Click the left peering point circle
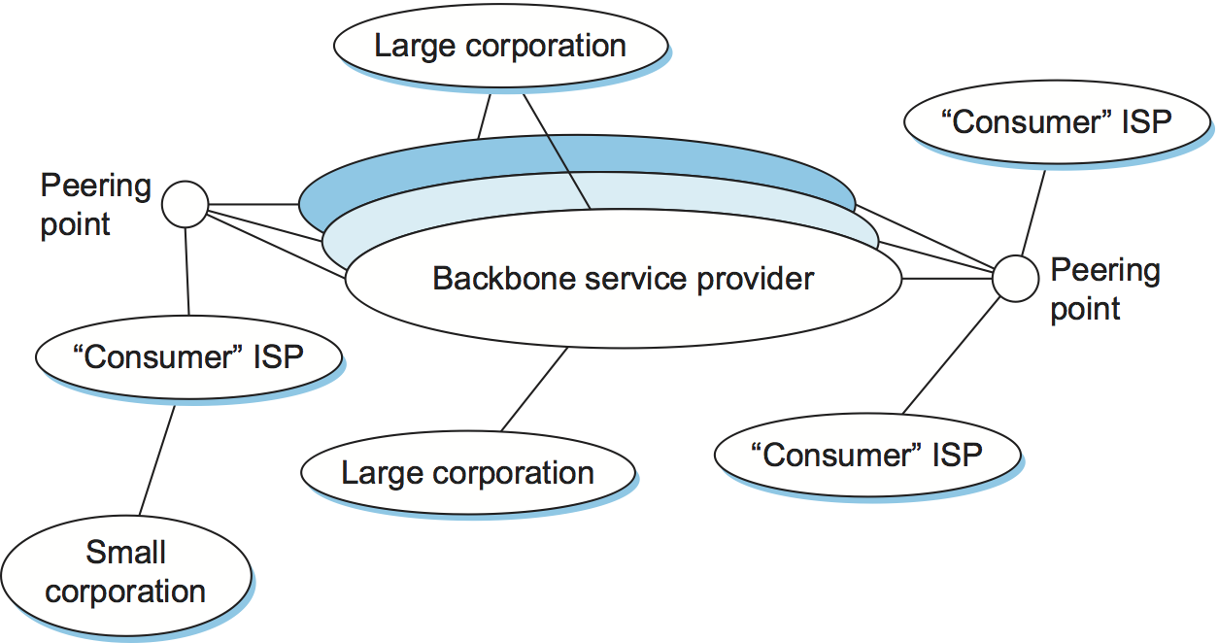pos(185,204)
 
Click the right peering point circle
pos(1016,279)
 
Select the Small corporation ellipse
pos(125,573)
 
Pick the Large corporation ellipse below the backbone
pos(467,473)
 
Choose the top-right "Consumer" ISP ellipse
pos(1057,121)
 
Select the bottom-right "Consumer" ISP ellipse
pos(867,454)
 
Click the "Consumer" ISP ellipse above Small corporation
pos(188,356)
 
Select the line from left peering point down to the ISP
pos(186,272)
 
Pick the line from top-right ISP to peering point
pos(1033,214)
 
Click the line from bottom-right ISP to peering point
pos(952,354)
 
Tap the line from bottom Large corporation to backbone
pos(534,389)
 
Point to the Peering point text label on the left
pos(94,204)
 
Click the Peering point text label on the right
pos(1104,288)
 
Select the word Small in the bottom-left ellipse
pos(125,553)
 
